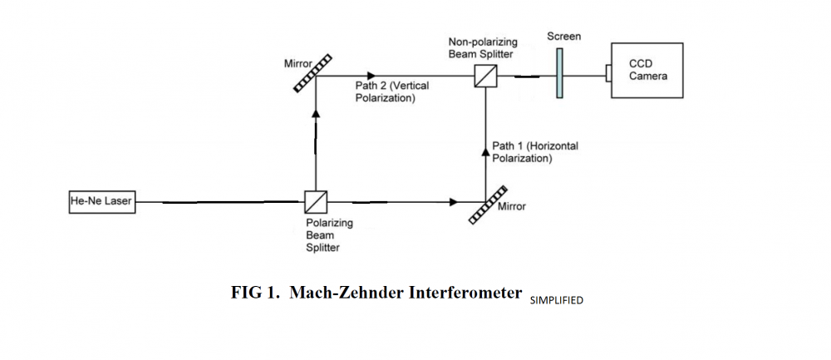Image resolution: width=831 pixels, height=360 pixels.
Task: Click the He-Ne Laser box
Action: click(x=101, y=201)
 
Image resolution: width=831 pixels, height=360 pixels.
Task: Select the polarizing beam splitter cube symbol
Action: click(x=316, y=202)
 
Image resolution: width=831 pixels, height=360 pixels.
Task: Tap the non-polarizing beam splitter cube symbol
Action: click(x=485, y=76)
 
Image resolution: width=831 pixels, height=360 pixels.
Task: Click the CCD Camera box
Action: click(x=648, y=71)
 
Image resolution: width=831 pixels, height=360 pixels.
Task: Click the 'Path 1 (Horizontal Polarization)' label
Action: click(x=535, y=152)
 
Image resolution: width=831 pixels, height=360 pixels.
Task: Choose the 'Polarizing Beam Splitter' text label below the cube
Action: click(x=329, y=235)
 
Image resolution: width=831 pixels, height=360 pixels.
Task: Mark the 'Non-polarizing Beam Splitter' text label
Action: click(x=481, y=47)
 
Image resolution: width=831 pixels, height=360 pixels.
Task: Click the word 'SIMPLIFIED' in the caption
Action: click(x=556, y=300)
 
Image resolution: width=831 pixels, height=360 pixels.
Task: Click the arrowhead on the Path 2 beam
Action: click(x=371, y=76)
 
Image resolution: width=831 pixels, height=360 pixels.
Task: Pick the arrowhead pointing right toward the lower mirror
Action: click(x=453, y=202)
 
